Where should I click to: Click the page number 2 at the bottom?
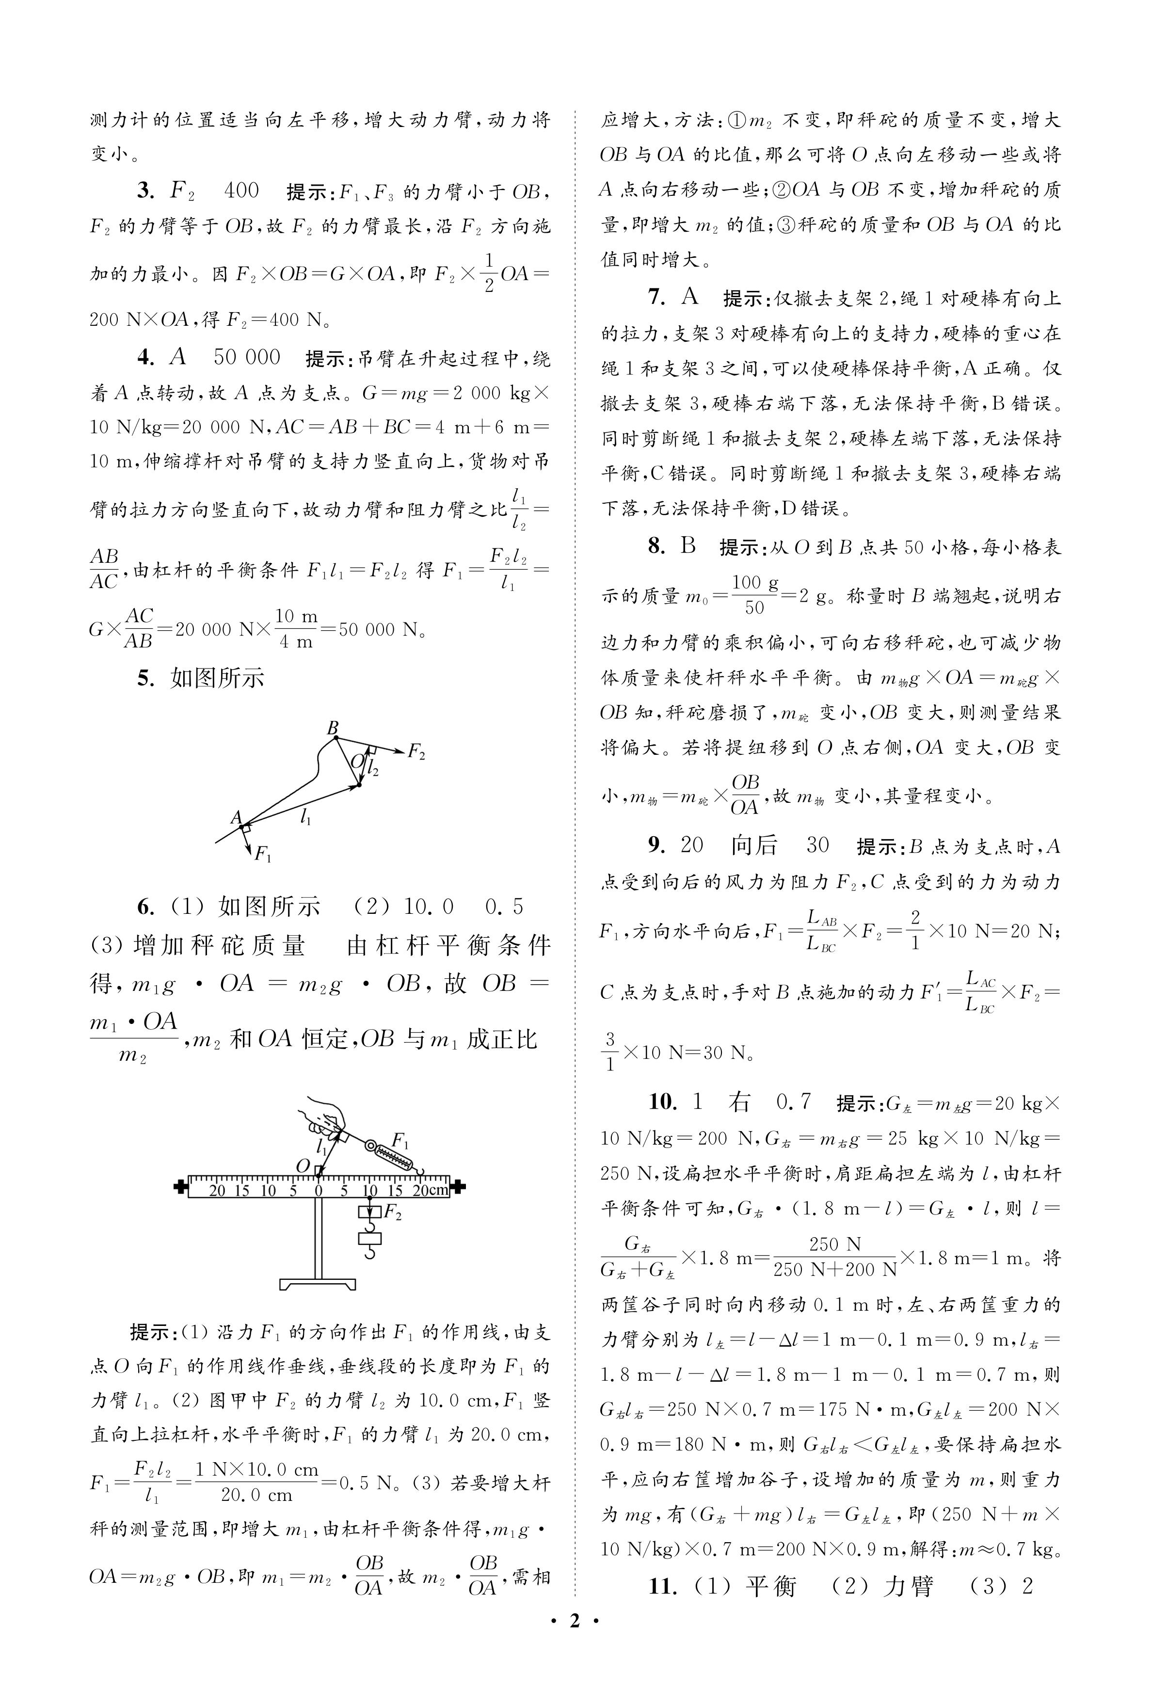[575, 1642]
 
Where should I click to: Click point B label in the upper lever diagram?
[333, 728]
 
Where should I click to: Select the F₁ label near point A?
[262, 853]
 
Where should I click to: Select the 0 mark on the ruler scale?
[319, 1190]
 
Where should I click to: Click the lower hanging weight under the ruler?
[370, 1239]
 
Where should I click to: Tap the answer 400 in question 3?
[241, 191]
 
